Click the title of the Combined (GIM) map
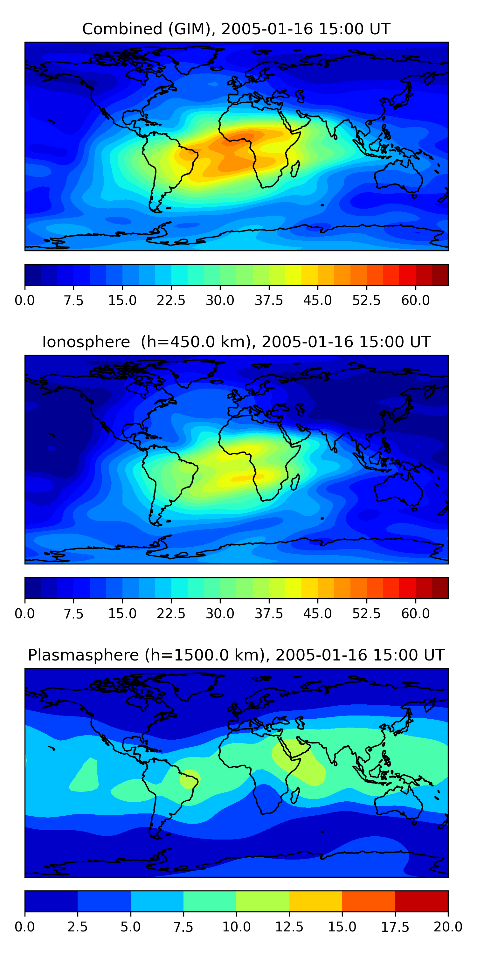click(x=236, y=29)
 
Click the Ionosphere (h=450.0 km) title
click(x=236, y=342)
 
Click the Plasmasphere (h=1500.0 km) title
click(x=236, y=655)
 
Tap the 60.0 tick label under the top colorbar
click(x=416, y=300)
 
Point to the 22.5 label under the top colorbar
click(x=171, y=300)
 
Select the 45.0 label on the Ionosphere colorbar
click(x=318, y=614)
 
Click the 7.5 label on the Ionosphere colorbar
click(x=73, y=614)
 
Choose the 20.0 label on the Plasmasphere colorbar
click(x=448, y=927)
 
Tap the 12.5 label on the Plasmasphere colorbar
click(x=289, y=927)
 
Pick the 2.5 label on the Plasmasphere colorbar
click(x=77, y=927)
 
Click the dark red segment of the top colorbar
click(x=440, y=275)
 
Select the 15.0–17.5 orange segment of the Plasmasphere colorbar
click(x=369, y=901)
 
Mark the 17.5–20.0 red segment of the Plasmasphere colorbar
click(x=422, y=901)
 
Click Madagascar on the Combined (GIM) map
click(x=295, y=169)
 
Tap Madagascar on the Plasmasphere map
click(x=295, y=796)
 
